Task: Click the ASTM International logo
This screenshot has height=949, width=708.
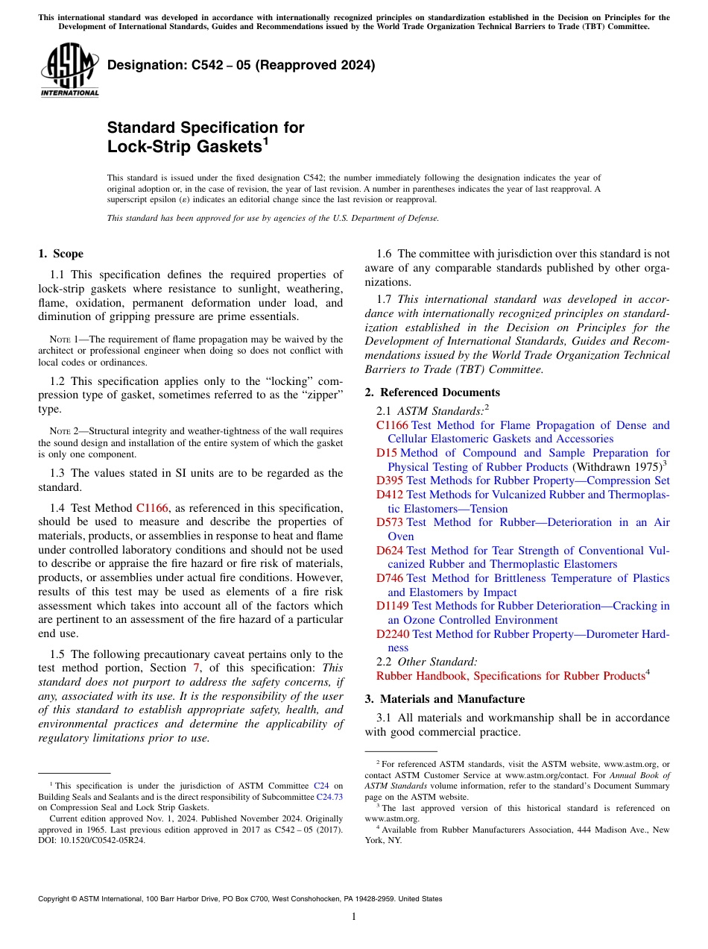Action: pyautogui.click(x=69, y=69)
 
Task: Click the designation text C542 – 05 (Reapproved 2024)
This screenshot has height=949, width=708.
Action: pyautogui.click(x=241, y=65)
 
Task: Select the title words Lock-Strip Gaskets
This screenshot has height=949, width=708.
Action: pyautogui.click(x=184, y=147)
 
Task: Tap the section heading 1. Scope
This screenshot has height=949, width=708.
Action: pyautogui.click(x=60, y=254)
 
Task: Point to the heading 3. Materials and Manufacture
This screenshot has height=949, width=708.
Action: pyautogui.click(x=444, y=699)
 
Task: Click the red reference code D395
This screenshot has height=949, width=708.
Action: pyautogui.click(x=389, y=481)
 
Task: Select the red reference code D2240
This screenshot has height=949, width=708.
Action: pyautogui.click(x=393, y=634)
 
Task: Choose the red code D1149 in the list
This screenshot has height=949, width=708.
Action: pyautogui.click(x=393, y=607)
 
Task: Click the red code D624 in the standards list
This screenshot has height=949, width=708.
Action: pyautogui.click(x=390, y=551)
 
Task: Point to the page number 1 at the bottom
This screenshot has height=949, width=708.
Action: pyautogui.click(x=354, y=916)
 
